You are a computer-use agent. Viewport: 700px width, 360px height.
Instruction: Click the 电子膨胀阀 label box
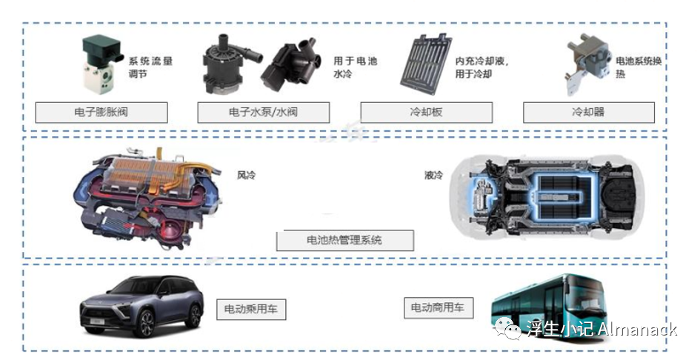coord(101,113)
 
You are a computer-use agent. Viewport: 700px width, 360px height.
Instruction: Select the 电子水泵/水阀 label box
coord(264,113)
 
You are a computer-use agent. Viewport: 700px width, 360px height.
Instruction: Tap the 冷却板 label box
coord(426,113)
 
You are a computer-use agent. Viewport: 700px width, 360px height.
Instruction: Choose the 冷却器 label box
coord(588,113)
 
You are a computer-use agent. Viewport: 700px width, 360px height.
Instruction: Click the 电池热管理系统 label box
coord(344,240)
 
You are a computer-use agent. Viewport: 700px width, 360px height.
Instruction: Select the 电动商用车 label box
coord(438,307)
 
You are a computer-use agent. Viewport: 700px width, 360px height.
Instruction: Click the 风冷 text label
coord(245,176)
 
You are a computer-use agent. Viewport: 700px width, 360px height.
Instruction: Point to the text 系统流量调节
coord(150,68)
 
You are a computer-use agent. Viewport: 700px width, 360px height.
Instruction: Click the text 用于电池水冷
coord(355,67)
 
